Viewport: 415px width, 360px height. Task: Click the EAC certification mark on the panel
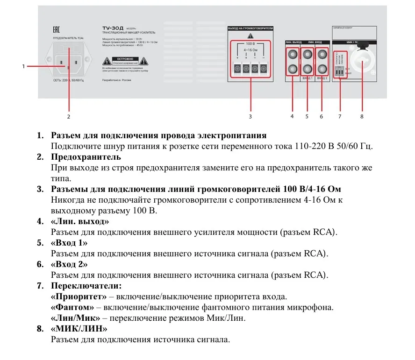[x=56, y=29]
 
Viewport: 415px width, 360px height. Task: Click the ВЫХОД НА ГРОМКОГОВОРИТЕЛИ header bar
[x=250, y=28]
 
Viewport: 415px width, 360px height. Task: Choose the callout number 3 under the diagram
[x=250, y=116]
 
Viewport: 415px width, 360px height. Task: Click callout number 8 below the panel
[x=362, y=116]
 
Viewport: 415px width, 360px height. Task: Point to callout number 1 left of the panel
[x=23, y=66]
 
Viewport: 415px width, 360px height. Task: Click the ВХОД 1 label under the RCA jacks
[x=307, y=78]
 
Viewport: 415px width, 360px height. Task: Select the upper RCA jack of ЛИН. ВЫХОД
[x=293, y=55]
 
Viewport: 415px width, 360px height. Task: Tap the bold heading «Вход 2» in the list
[x=69, y=264]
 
